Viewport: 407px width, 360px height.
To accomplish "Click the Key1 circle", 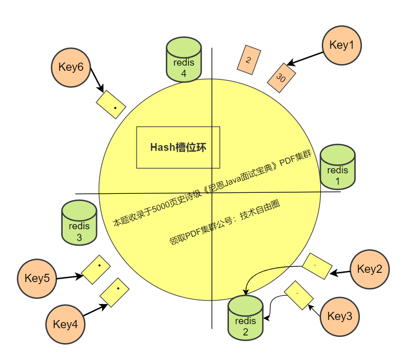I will [342, 45].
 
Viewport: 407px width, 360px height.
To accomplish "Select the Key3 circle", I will [340, 316].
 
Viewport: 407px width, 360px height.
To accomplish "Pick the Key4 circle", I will [65, 324].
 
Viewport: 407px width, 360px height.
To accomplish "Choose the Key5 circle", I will [37, 278].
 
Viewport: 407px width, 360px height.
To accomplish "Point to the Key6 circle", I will [71, 67].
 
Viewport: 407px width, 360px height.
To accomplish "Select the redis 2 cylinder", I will [245, 317].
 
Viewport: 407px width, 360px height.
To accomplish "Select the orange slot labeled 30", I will [280, 78].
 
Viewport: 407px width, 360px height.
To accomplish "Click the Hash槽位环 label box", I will [178, 147].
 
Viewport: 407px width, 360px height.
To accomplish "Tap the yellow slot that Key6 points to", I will [111, 105].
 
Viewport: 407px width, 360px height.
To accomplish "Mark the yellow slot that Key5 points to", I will [96, 269].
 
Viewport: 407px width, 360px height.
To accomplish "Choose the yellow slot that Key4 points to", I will [114, 292].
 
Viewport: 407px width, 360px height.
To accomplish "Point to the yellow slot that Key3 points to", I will [299, 295].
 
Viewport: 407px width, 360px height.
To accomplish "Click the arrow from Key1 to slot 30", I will [305, 58].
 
